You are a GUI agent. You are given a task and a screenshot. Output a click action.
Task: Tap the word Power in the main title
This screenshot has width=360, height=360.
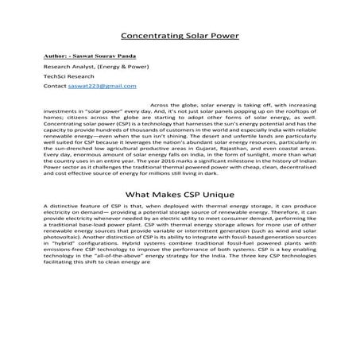(223, 36)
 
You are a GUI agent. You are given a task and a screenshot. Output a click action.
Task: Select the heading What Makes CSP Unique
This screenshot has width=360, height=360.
(179, 194)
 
